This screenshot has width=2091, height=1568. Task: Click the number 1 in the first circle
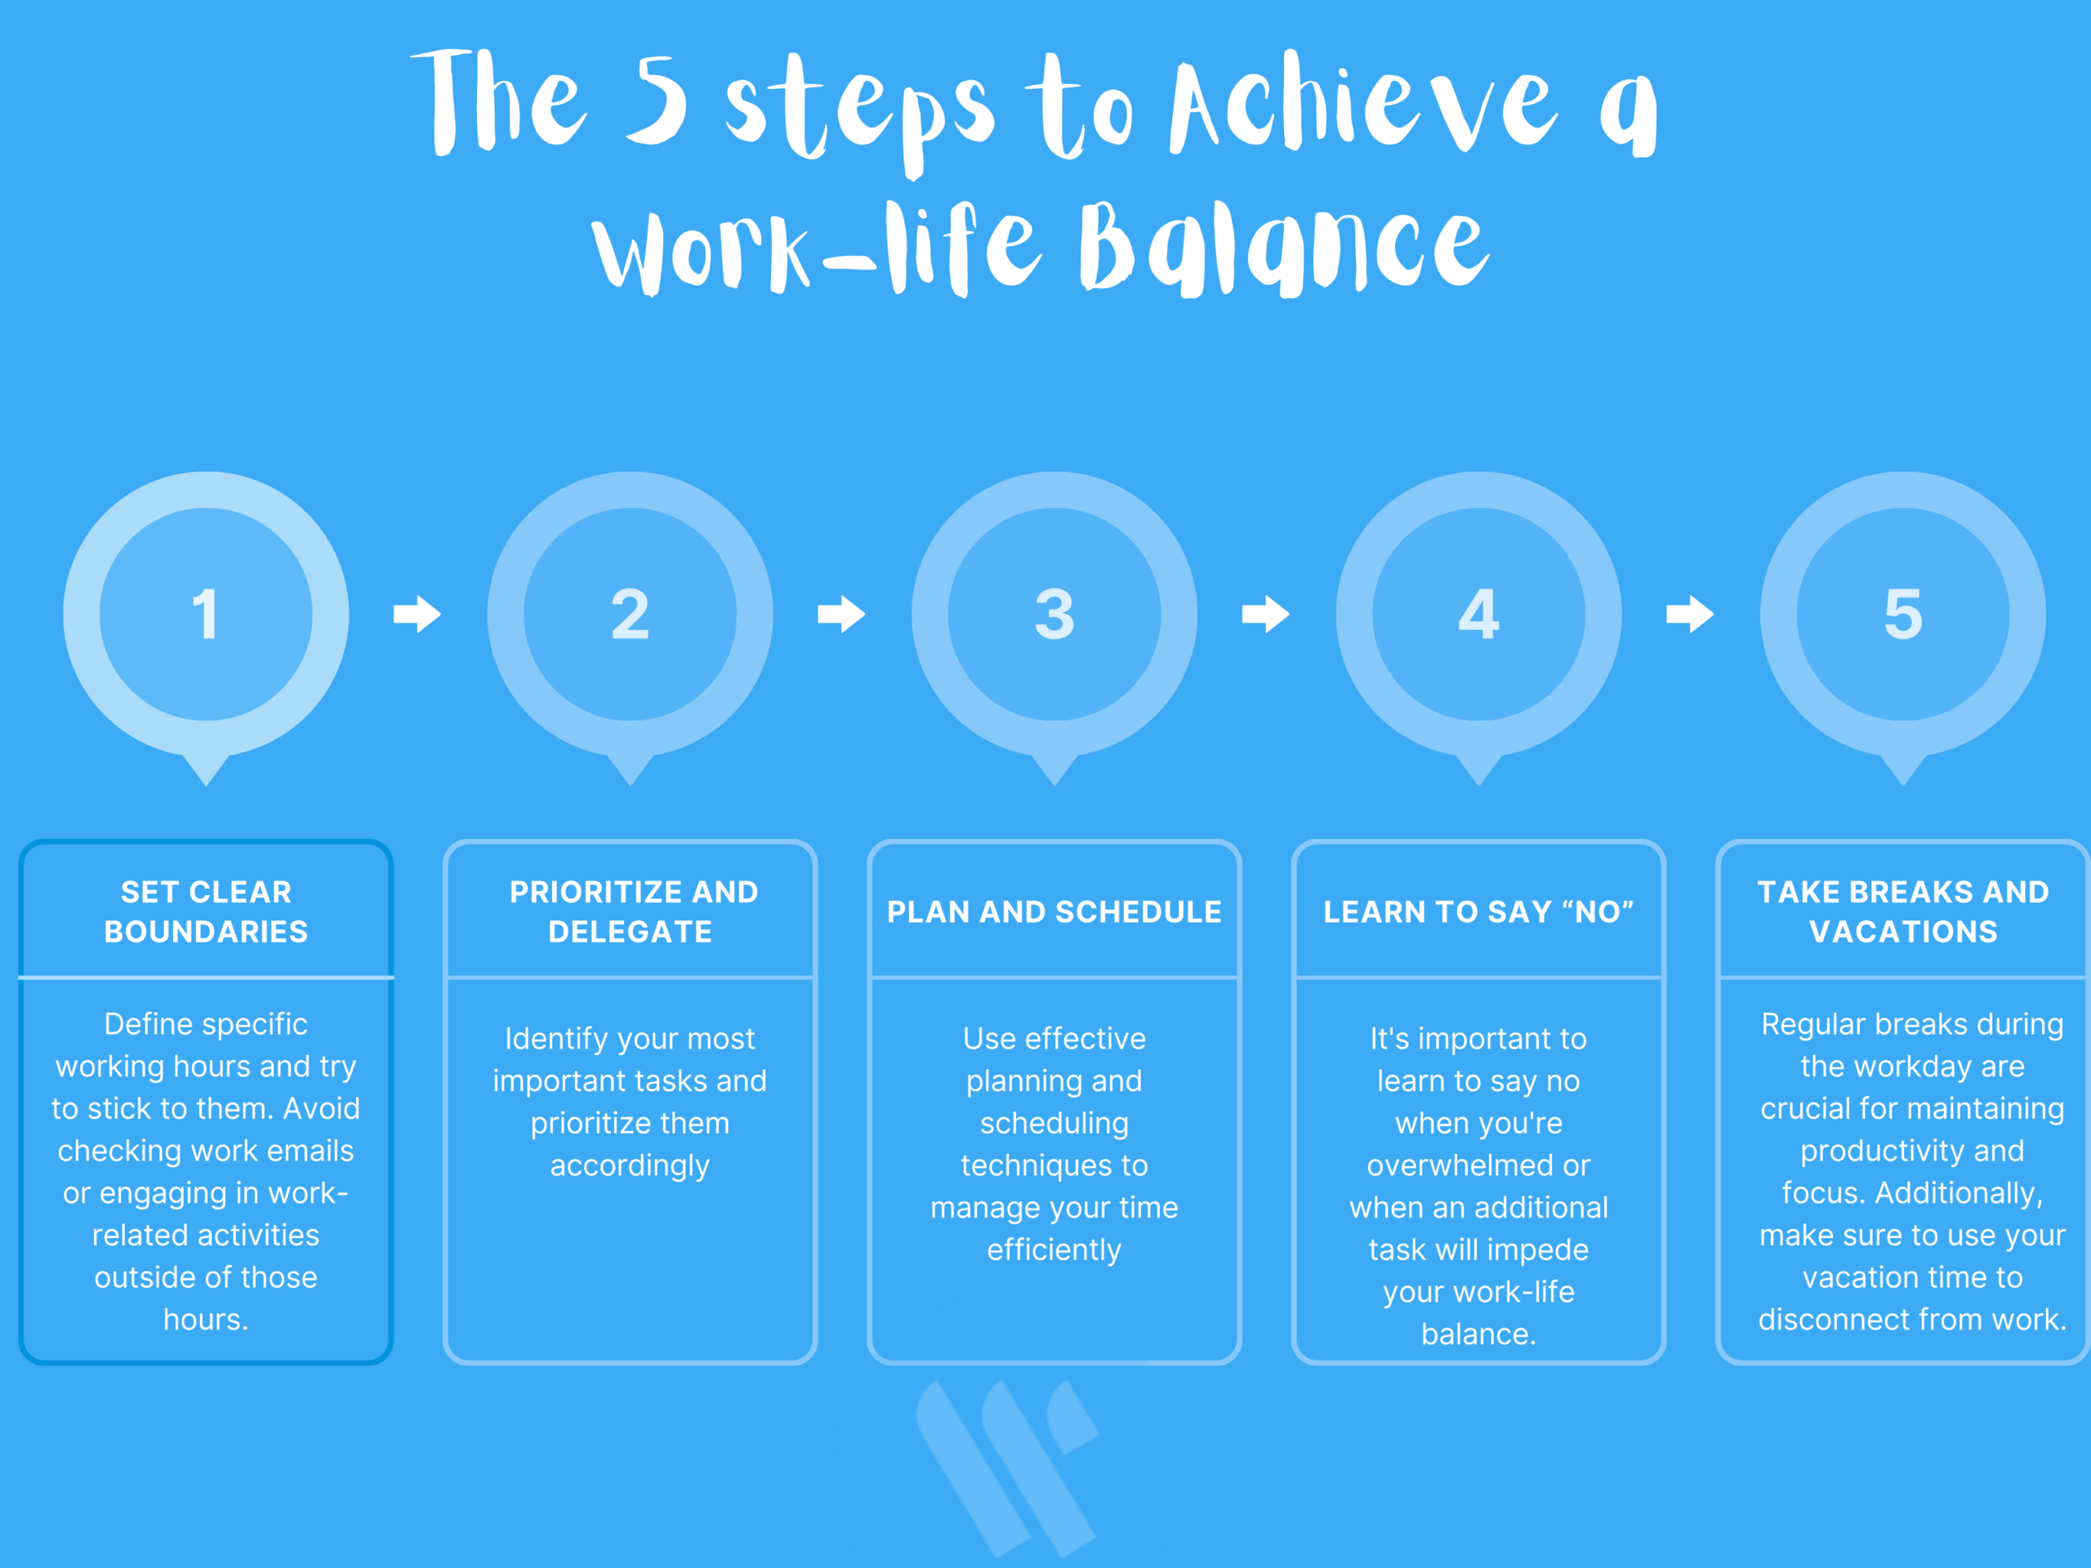pos(205,614)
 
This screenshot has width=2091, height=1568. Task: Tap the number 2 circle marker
pos(630,614)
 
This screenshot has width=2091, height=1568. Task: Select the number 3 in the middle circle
pos(1054,614)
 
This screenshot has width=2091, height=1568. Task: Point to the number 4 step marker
pos(1478,614)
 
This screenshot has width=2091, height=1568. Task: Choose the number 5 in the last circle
pos(1903,614)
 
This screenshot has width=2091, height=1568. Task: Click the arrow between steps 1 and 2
pos(417,614)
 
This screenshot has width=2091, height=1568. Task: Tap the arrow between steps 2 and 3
pos(841,614)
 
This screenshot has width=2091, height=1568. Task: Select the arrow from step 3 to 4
pos(1266,614)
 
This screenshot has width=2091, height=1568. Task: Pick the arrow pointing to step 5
pos(1690,614)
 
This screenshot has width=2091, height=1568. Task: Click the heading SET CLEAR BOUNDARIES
pos(206,912)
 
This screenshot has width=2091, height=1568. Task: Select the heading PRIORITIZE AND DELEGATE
pos(633,912)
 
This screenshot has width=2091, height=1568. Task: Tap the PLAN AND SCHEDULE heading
pos(1054,912)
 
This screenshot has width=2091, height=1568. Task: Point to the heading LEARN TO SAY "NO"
pos(1478,912)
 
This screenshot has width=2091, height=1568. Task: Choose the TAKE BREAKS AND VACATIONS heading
pos(1903,912)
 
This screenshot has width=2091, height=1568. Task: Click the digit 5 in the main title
pos(656,101)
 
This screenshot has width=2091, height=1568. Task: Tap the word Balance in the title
pos(1284,248)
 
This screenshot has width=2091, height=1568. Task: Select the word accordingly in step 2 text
pos(630,1166)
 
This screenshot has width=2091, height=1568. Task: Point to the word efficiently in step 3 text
pos(1054,1250)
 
